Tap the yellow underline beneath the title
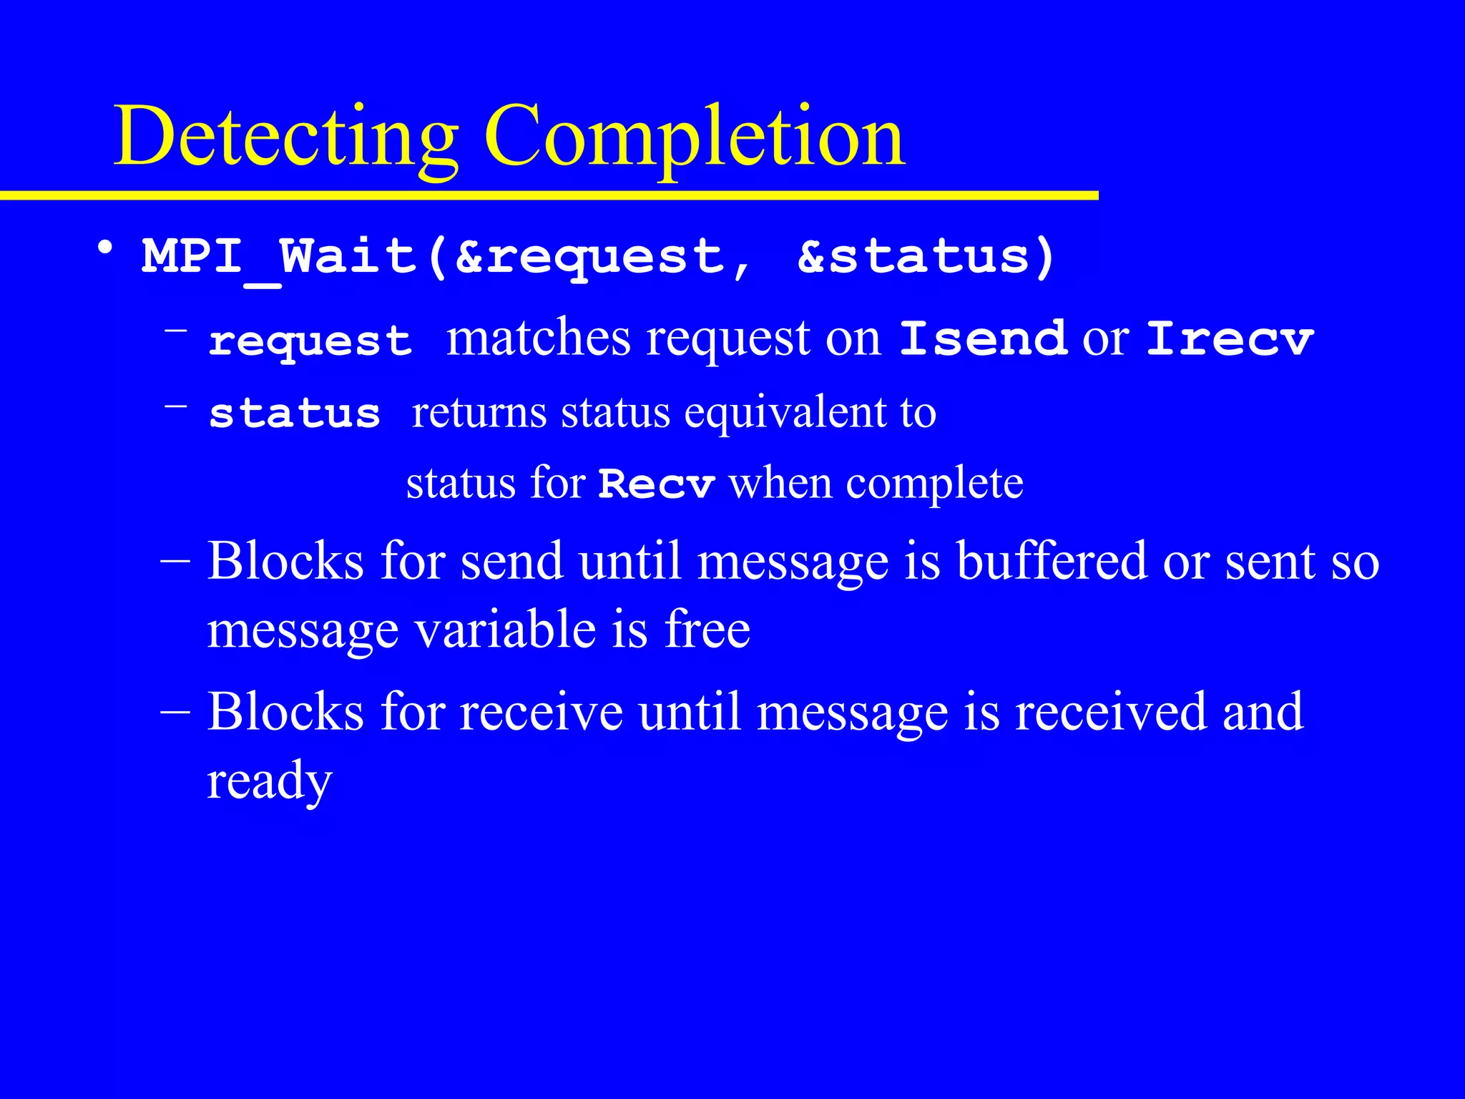549,195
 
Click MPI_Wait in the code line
279,256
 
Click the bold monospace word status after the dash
294,413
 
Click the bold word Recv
656,484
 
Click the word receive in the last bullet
541,712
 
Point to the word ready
270,781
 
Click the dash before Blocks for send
175,562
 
